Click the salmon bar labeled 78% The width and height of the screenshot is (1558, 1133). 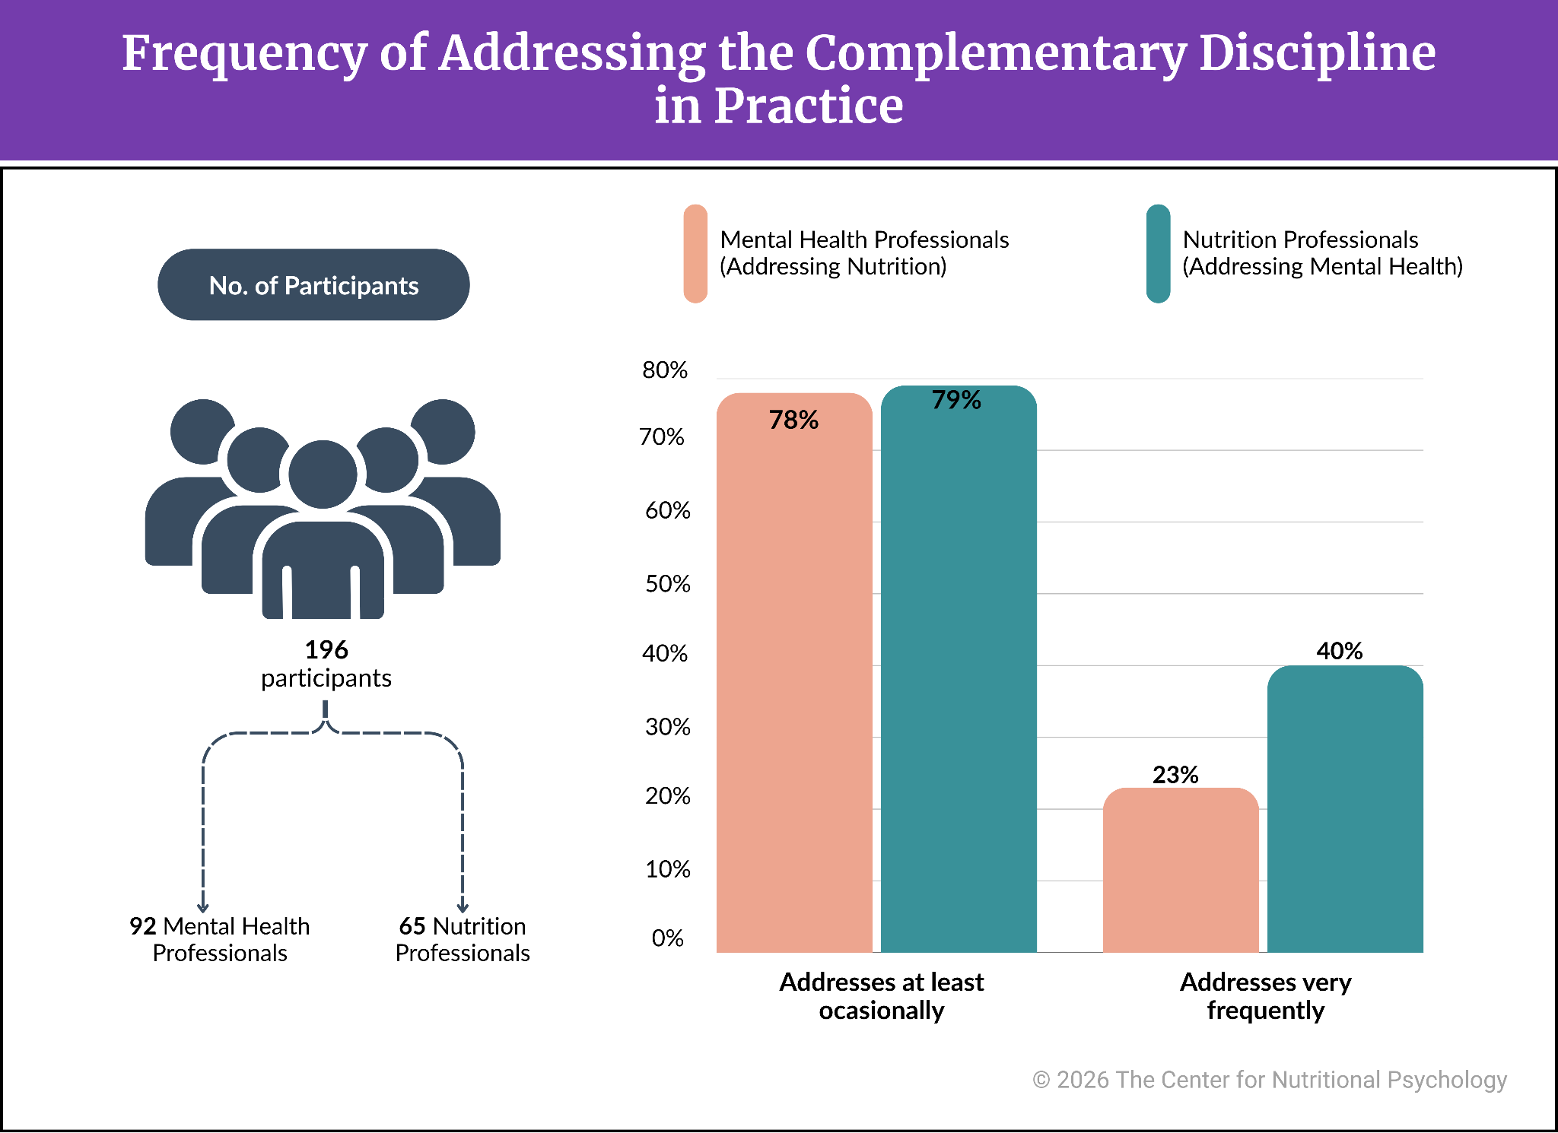[x=794, y=673]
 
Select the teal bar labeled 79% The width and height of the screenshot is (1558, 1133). [x=959, y=669]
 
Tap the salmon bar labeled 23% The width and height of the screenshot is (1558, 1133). [x=1181, y=870]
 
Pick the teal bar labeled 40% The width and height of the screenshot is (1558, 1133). [x=1345, y=809]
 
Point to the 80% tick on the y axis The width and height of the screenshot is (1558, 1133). [x=665, y=370]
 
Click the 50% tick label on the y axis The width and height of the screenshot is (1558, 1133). [x=667, y=584]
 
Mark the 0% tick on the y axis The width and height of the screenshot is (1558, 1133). [x=667, y=938]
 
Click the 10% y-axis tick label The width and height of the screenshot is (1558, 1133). [x=667, y=869]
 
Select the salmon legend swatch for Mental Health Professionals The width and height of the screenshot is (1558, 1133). [x=695, y=253]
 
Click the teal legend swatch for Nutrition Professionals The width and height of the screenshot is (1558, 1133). [x=1158, y=253]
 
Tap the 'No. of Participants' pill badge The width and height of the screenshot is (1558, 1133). [x=313, y=284]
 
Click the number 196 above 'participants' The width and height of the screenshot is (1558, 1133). [x=326, y=649]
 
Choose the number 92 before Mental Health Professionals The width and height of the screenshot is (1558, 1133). [x=143, y=926]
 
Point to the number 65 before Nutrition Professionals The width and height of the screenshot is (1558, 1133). [x=412, y=926]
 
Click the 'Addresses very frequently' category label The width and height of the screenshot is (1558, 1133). [x=1266, y=996]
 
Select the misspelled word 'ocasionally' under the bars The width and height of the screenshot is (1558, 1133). [x=882, y=1011]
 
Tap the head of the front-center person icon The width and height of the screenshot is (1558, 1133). [x=323, y=474]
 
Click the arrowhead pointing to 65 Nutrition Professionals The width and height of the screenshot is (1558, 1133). [x=463, y=906]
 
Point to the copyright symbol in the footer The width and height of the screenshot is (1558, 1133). [x=1041, y=1080]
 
